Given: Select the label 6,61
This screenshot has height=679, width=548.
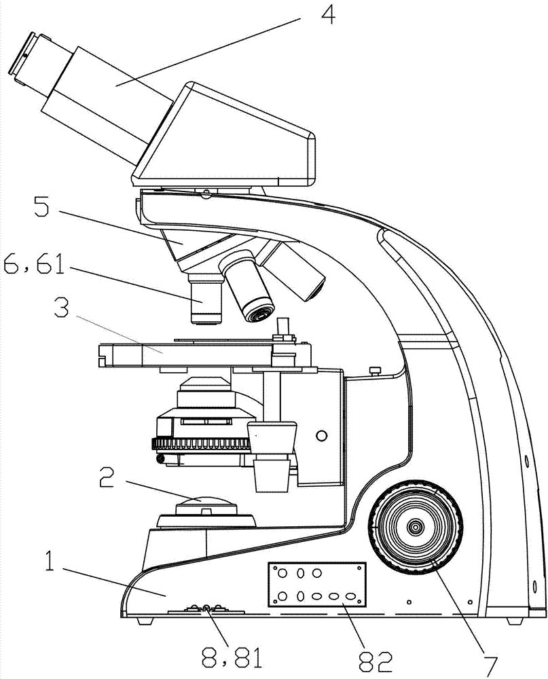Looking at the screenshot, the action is (x=34, y=263).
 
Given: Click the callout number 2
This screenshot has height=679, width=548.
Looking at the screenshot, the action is (x=107, y=477).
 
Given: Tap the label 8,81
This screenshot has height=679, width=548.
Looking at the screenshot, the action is (x=232, y=657).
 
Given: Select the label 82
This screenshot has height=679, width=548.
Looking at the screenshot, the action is (x=375, y=657).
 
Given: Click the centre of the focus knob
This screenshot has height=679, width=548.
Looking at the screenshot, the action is (x=416, y=527).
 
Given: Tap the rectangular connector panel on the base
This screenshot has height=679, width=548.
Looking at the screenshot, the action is (x=317, y=584).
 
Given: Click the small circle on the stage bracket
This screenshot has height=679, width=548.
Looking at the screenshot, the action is (x=321, y=436).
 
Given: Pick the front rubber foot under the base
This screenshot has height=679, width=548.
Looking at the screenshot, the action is (x=145, y=621).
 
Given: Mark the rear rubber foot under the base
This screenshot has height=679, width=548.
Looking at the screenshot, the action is (x=515, y=621).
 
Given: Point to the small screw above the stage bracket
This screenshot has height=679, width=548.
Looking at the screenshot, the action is (x=375, y=370).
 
